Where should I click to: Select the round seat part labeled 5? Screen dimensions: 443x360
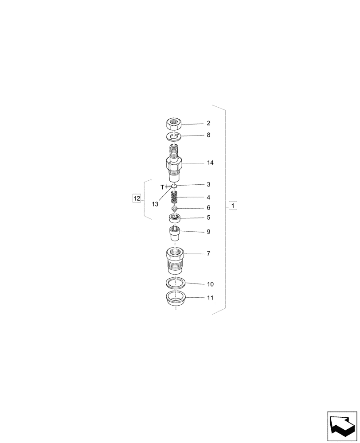tap(176, 218)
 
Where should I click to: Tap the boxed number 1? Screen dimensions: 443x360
tap(233, 206)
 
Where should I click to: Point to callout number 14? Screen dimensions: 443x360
tap(210, 163)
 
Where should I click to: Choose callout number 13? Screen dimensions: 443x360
tap(155, 204)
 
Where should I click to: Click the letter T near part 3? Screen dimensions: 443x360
tap(162, 187)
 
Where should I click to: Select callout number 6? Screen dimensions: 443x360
tap(208, 208)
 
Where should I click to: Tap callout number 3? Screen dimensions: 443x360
tap(208, 184)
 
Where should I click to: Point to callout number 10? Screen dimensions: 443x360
tap(210, 284)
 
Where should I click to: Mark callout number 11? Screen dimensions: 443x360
tap(210, 298)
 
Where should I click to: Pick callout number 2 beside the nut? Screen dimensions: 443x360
tap(208, 123)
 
